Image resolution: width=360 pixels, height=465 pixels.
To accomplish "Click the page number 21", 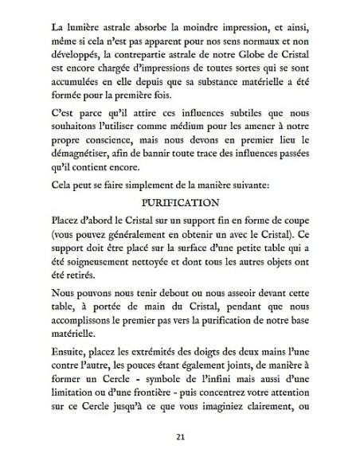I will coord(179,437).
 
